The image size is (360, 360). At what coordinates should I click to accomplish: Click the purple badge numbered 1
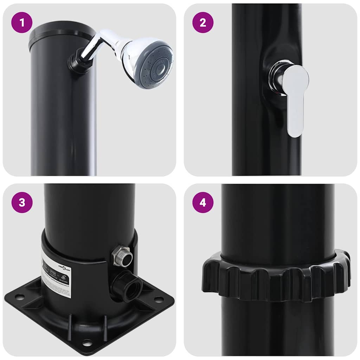pos(22,23)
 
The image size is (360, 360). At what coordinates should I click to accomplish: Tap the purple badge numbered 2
pos(203,23)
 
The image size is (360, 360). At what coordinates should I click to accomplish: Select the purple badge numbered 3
pos(22,202)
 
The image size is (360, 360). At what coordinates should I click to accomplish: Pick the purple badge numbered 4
pos(203,202)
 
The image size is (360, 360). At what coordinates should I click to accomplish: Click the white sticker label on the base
pos(56,274)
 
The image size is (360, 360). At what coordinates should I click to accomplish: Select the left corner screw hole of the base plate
pos(20,297)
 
